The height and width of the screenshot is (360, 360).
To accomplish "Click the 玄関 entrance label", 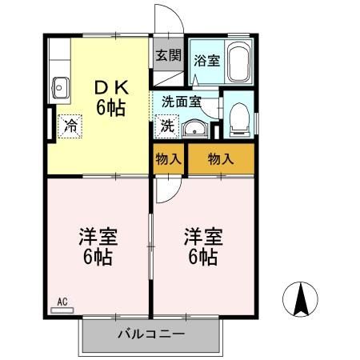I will pyautogui.click(x=167, y=56).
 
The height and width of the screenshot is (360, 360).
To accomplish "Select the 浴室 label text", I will pyautogui.click(x=206, y=60).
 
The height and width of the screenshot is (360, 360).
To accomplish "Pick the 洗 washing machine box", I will pyautogui.click(x=167, y=125).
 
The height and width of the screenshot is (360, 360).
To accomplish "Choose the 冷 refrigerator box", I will pyautogui.click(x=70, y=125).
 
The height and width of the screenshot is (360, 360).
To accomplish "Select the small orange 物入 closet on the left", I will pyautogui.click(x=167, y=158).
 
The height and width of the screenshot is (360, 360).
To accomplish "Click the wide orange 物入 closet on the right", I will pyautogui.click(x=220, y=158).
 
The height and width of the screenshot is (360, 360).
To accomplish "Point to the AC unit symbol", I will pyautogui.click(x=62, y=302).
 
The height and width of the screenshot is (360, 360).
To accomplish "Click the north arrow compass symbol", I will pyautogui.click(x=302, y=300).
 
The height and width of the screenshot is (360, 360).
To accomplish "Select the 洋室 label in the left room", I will pyautogui.click(x=98, y=237).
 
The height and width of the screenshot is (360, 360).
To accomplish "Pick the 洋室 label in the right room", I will pyautogui.click(x=202, y=237).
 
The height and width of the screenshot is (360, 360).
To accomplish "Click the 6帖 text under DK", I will pyautogui.click(x=111, y=107).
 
